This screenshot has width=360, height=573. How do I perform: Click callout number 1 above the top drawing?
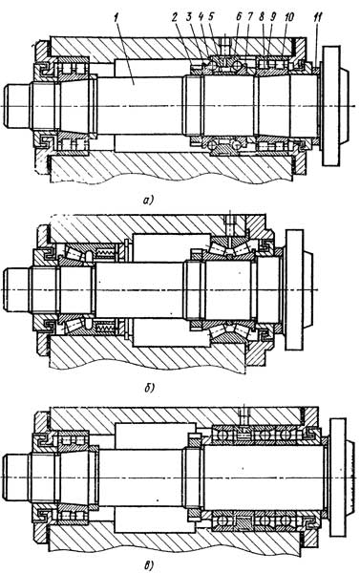[116, 17]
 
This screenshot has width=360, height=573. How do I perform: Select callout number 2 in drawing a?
[176, 17]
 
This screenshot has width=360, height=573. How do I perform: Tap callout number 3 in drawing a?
[189, 17]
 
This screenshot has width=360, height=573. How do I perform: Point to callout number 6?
[239, 17]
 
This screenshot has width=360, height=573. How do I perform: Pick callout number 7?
[249, 17]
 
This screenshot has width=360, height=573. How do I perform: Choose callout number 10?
[288, 17]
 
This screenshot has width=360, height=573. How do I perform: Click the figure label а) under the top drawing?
[149, 200]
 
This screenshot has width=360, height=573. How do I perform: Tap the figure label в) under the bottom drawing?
[149, 566]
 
